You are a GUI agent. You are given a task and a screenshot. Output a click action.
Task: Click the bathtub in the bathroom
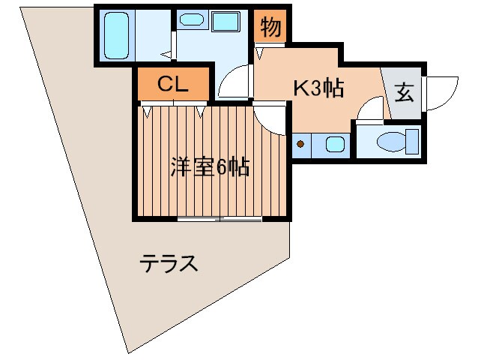pyautogui.click(x=116, y=34)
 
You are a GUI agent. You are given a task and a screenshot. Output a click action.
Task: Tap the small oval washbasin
pyautogui.click(x=193, y=21)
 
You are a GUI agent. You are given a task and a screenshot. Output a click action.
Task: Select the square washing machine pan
pyautogui.click(x=225, y=21)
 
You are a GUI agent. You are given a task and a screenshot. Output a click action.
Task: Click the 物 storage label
pyautogui.click(x=270, y=28)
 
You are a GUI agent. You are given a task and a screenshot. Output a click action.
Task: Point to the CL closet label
pyautogui.click(x=172, y=83)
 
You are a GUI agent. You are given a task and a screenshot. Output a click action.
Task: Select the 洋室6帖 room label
pyautogui.click(x=209, y=166)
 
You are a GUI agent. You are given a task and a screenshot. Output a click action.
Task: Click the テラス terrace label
pyautogui.click(x=169, y=264)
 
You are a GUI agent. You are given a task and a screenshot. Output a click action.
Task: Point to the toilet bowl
pyautogui.click(x=390, y=140)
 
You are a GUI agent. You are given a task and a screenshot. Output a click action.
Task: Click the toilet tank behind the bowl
pyautogui.click(x=411, y=140)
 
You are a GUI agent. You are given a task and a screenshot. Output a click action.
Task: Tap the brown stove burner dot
pyautogui.click(x=300, y=143)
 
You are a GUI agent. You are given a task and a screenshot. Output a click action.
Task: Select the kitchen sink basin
pyautogui.click(x=334, y=143)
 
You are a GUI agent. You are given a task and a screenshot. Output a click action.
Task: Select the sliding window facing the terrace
pyautogui.click(x=220, y=219)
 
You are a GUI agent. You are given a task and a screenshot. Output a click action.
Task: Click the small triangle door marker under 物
pyautogui.click(x=261, y=52)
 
